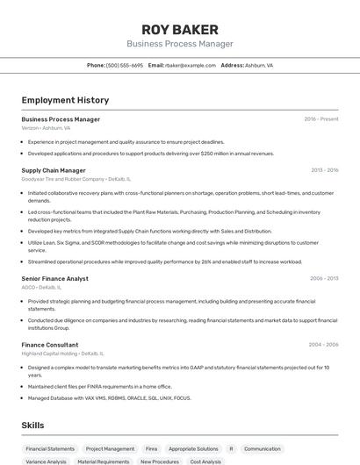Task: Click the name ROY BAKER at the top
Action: coord(179,30)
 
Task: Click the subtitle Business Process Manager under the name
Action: coord(179,44)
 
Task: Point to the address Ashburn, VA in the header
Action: coord(259,65)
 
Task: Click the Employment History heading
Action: coord(60,100)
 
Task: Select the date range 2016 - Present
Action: coord(321,119)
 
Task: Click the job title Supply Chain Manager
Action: coord(54,170)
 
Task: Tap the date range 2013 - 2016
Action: coord(324,170)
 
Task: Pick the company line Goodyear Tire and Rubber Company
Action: coord(68,179)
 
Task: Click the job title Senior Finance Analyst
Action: coord(54,278)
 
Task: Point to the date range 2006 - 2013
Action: coord(324,278)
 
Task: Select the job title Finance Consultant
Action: coord(50,345)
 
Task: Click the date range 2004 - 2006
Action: coord(324,345)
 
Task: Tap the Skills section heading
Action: coord(33,426)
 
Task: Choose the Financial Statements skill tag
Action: coord(50,448)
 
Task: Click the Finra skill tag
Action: coord(152,448)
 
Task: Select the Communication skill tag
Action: coord(263,448)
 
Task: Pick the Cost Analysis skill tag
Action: coord(205,461)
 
